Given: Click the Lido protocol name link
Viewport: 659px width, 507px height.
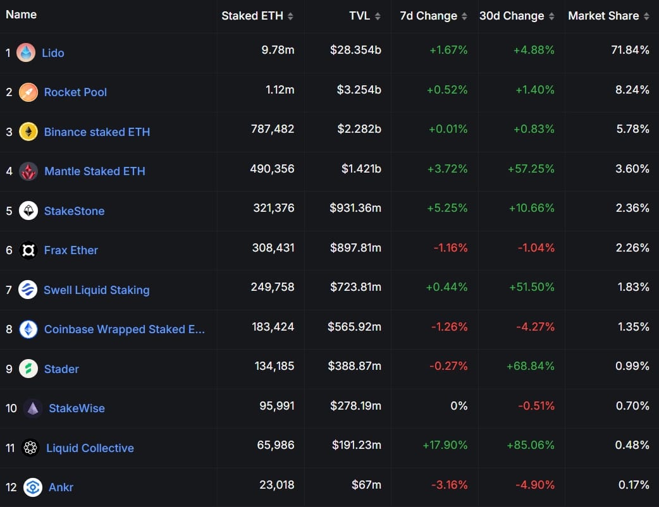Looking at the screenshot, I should [x=53, y=53].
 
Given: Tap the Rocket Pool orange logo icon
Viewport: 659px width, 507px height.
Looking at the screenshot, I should [x=28, y=92].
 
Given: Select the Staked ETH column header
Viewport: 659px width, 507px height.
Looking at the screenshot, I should [x=252, y=16].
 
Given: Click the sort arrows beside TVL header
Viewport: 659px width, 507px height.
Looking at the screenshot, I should [x=378, y=16].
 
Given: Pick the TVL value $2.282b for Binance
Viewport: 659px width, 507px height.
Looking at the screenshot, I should [x=355, y=129].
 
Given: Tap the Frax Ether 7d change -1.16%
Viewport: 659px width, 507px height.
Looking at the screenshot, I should [x=450, y=248].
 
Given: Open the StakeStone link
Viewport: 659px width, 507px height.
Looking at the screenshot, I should [x=74, y=211].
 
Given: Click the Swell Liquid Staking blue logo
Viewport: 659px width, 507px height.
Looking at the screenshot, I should [x=28, y=290].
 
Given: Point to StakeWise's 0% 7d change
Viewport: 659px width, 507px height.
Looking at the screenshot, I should [x=459, y=406].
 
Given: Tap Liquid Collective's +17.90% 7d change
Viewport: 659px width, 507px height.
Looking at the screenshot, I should [x=445, y=445].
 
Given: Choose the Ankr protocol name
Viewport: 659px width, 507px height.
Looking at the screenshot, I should [x=61, y=487].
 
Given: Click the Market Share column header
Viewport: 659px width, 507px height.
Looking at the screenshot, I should [x=603, y=16].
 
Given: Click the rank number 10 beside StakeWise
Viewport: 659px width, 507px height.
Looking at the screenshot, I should [x=11, y=408].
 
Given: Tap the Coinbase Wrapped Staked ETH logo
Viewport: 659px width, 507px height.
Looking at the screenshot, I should [x=28, y=329].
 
